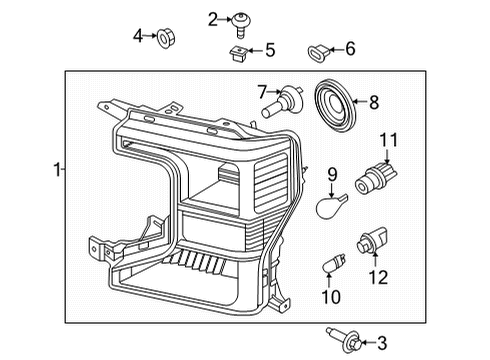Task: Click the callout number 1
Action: coord(56,171)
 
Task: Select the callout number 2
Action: coord(213,18)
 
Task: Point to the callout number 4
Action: coord(138,36)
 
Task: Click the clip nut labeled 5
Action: coord(237,50)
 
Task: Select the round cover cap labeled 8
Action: coord(330,102)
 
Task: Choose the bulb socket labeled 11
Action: coord(380,182)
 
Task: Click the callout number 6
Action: coord(350,48)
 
